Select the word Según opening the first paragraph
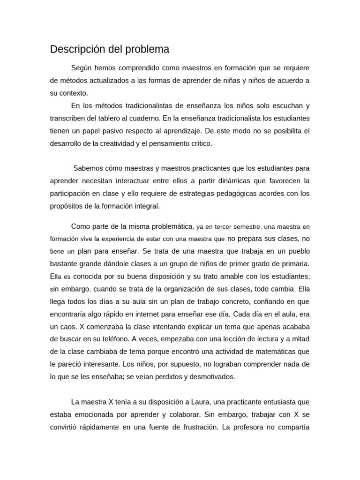(x=82, y=68)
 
